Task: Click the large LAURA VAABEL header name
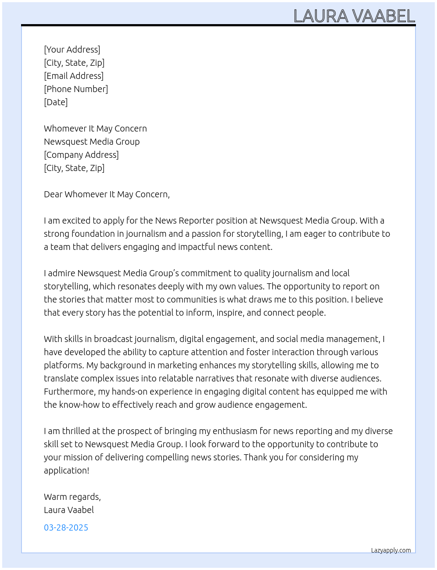[354, 16]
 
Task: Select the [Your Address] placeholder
[72, 50]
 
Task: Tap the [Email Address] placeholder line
[74, 76]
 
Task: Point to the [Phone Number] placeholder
[76, 89]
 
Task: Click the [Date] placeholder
[56, 102]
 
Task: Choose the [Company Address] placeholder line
[81, 155]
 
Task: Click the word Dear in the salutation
[53, 194]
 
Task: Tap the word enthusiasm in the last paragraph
[234, 431]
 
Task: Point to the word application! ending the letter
[66, 470]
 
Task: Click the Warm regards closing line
[72, 497]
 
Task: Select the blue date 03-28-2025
[66, 527]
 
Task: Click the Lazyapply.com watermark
[390, 550]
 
